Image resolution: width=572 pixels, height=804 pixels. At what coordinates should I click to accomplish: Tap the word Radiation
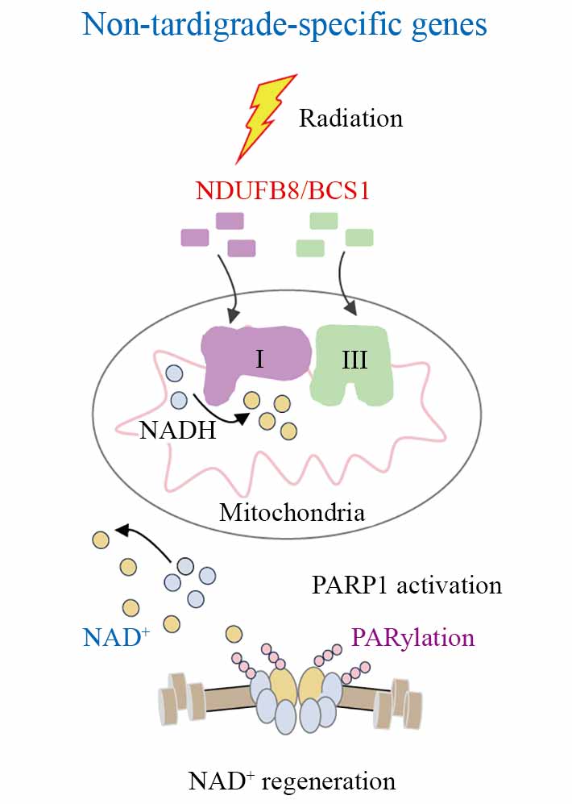point(350,119)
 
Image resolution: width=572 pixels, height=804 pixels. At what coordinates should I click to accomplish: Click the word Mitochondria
point(292,511)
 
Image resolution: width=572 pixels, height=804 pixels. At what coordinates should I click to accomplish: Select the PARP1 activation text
point(406,584)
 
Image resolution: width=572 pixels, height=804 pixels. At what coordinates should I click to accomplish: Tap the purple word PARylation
point(412,638)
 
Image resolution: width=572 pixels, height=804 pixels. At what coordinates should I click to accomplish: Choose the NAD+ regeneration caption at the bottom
point(292,781)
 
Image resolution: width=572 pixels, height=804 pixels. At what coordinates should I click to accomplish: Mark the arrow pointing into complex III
point(349,282)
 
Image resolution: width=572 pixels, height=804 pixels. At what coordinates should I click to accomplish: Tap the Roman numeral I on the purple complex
point(259,357)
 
